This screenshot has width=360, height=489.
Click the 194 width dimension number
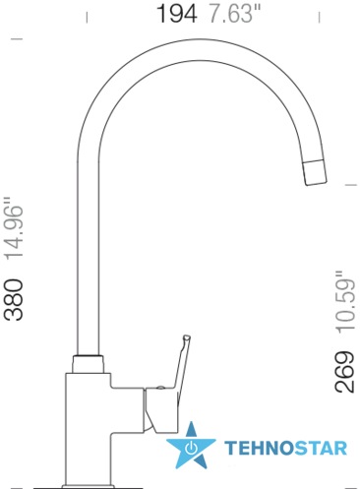177,14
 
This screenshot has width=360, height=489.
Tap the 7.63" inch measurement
235,14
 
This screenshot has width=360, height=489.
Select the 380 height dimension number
14,299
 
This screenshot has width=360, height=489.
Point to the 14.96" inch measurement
14,227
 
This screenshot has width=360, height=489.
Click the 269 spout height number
344,372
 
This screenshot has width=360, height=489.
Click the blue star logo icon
191,446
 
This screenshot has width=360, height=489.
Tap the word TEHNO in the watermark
259,448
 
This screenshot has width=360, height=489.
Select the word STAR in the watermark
321,448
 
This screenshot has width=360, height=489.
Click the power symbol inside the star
191,448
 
